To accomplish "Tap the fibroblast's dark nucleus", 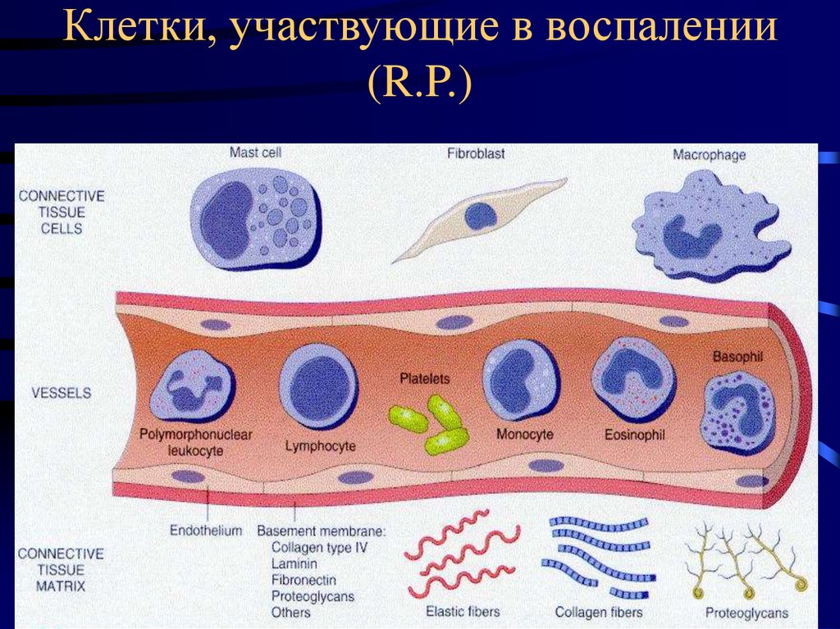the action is coord(480,217).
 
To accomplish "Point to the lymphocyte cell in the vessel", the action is coord(319,385).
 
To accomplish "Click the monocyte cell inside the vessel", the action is coord(520,380).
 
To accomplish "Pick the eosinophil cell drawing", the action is coord(632,379).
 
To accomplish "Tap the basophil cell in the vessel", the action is coord(737,408).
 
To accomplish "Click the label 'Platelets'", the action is coord(425,379).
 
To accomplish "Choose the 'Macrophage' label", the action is coord(710,154).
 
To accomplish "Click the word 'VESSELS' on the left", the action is coord(62,393).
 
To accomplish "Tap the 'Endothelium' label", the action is coord(206,531).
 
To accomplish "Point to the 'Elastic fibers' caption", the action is coord(463,611).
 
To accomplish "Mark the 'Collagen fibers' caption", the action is coord(598,612).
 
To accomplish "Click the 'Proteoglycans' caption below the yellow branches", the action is coord(746,612).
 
